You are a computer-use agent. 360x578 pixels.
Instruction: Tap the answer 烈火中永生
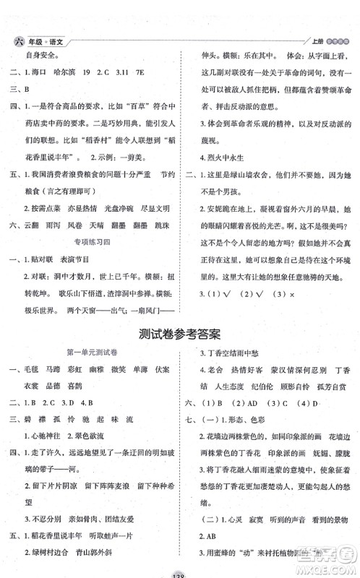(x=223, y=154)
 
